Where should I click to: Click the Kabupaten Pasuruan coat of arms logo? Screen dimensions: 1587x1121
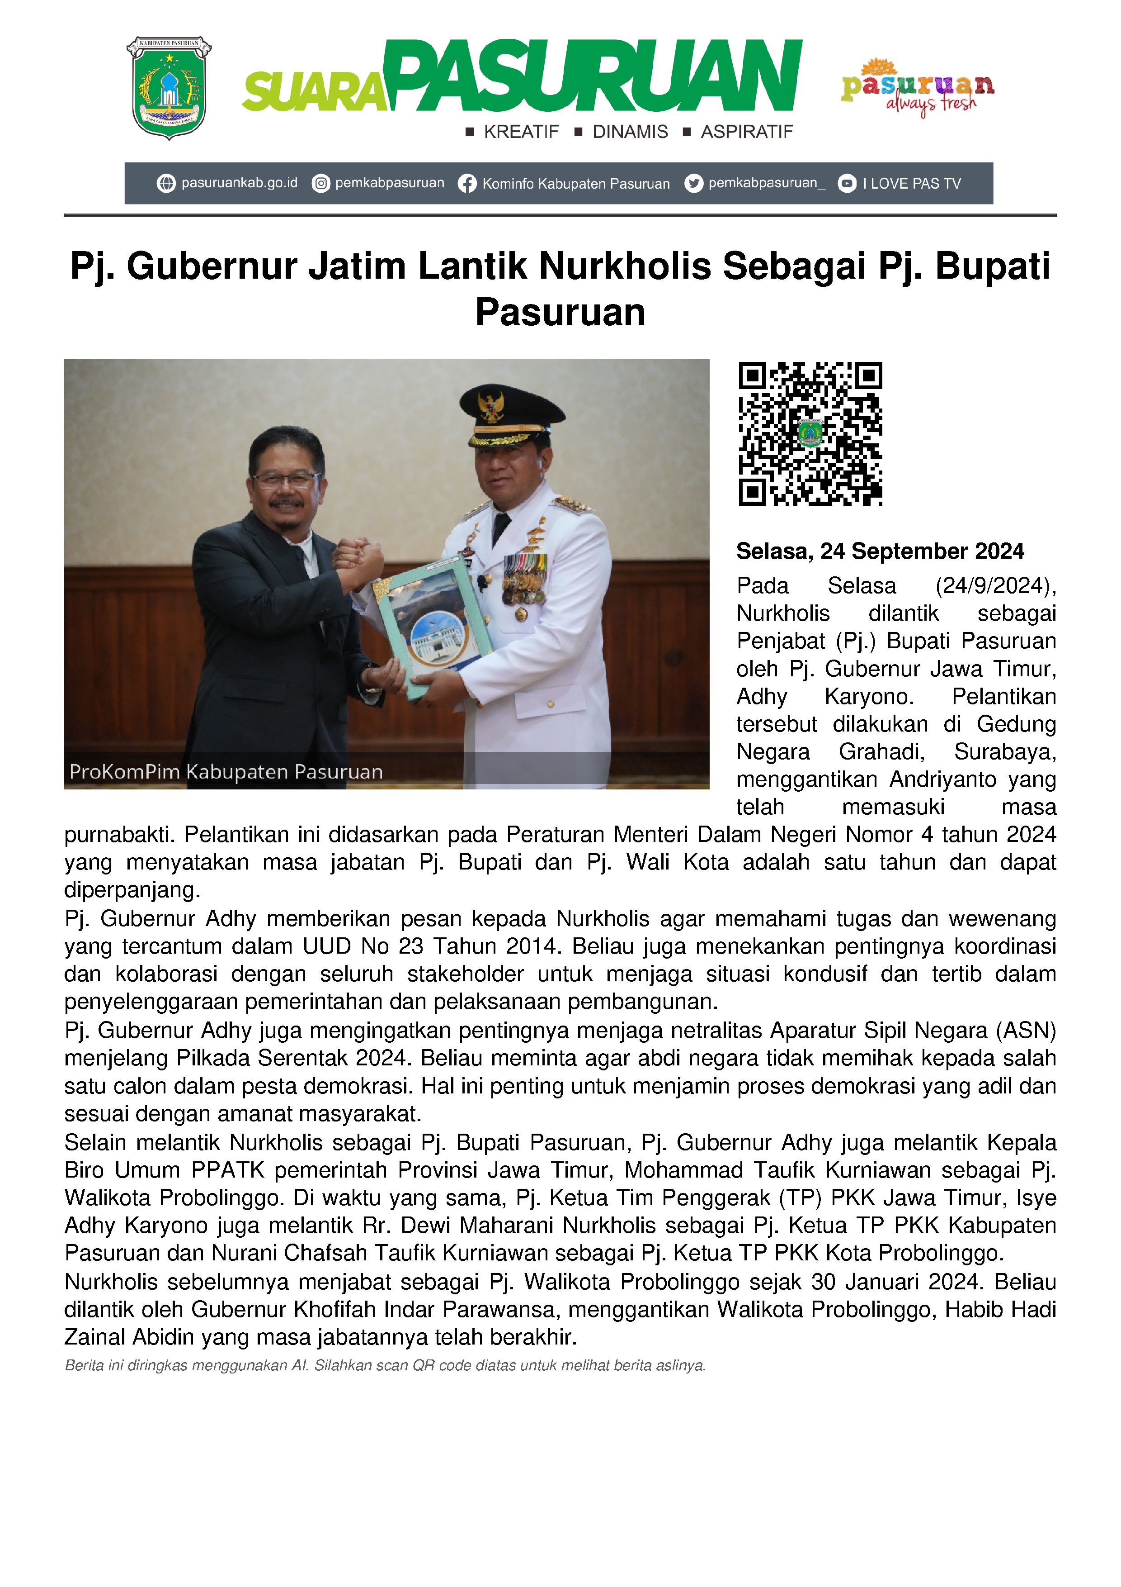(x=169, y=88)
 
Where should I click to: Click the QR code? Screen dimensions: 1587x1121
(x=810, y=433)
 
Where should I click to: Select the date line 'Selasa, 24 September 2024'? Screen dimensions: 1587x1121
(x=880, y=551)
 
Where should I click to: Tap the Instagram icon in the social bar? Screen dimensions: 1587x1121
(x=320, y=184)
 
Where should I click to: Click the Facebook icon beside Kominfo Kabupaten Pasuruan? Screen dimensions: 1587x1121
(x=467, y=184)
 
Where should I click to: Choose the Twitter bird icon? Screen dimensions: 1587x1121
(x=693, y=183)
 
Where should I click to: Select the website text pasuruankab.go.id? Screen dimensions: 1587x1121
(x=239, y=183)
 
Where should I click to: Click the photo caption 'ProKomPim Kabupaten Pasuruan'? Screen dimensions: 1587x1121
(x=226, y=771)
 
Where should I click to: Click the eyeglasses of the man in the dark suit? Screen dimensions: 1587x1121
(x=285, y=479)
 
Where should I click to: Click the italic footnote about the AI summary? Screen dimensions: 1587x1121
(x=385, y=1366)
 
